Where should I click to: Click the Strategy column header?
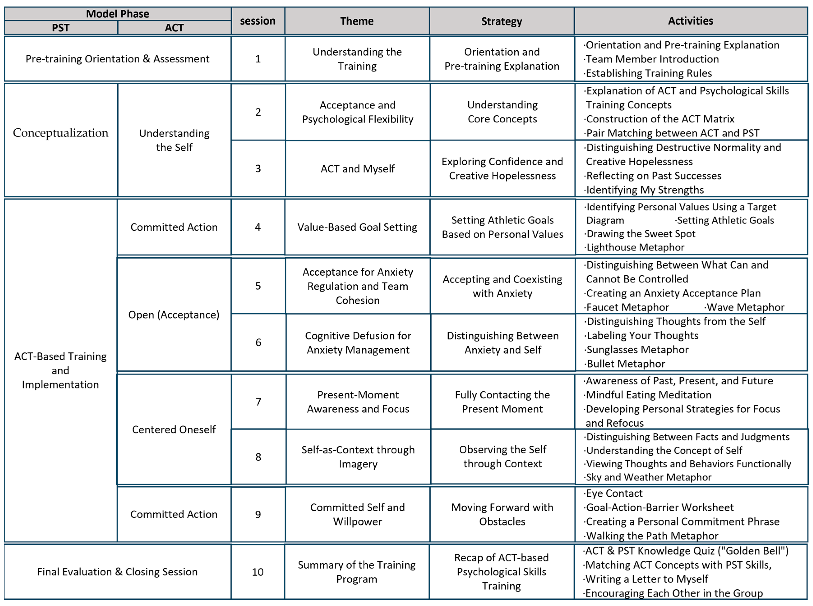point(502,21)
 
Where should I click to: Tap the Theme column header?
point(357,21)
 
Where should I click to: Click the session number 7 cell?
point(258,402)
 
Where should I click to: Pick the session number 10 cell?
point(258,572)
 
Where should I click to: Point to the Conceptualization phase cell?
point(60,133)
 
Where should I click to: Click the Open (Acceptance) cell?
point(174,315)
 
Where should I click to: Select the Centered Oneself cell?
point(174,429)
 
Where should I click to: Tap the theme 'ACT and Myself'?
point(357,169)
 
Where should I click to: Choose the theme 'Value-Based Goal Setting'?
point(357,227)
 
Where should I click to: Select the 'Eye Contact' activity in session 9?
point(614,493)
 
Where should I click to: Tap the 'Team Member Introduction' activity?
point(652,59)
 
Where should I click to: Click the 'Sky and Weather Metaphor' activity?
point(649,477)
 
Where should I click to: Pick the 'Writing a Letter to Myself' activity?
point(646,579)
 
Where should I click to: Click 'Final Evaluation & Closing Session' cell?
point(117,572)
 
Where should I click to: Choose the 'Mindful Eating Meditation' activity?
point(649,395)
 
